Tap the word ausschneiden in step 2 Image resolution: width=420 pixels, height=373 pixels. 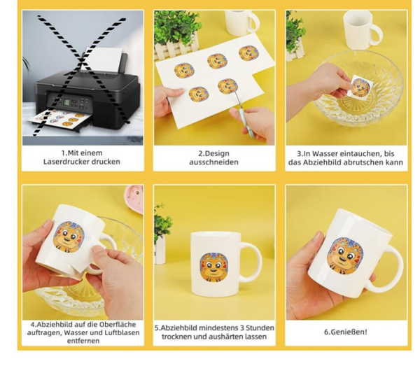[213, 162]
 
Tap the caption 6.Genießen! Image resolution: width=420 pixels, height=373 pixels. [346, 332]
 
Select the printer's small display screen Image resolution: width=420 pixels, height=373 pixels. [66, 102]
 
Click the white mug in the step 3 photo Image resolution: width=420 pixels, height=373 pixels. [362, 29]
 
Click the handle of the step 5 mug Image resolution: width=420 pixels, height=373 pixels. [252, 262]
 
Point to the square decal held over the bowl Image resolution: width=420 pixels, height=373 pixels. [360, 85]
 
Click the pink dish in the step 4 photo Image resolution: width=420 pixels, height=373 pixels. [134, 199]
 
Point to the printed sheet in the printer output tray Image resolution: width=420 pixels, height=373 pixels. [59, 119]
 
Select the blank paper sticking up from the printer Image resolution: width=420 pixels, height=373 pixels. [103, 60]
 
